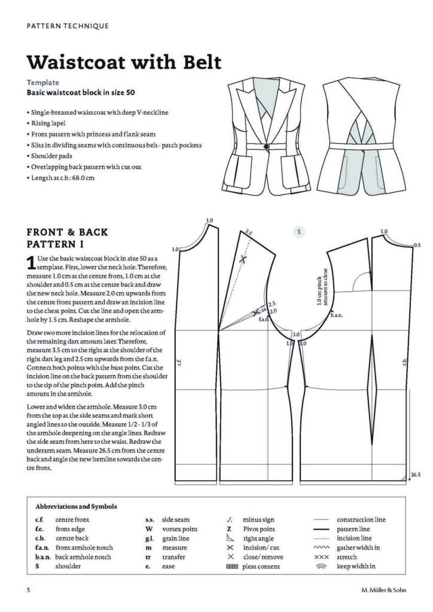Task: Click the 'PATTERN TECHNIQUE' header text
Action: point(68,26)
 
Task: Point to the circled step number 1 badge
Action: point(300,231)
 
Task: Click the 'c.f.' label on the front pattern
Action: point(179,362)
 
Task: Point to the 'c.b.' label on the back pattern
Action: point(404,362)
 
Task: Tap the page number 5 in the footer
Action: point(28,591)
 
